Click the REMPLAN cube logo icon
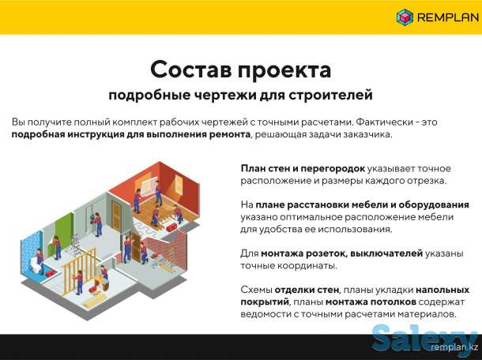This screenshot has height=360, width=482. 405,17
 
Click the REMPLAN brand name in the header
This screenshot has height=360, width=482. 444,17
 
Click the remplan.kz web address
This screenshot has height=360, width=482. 454,347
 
